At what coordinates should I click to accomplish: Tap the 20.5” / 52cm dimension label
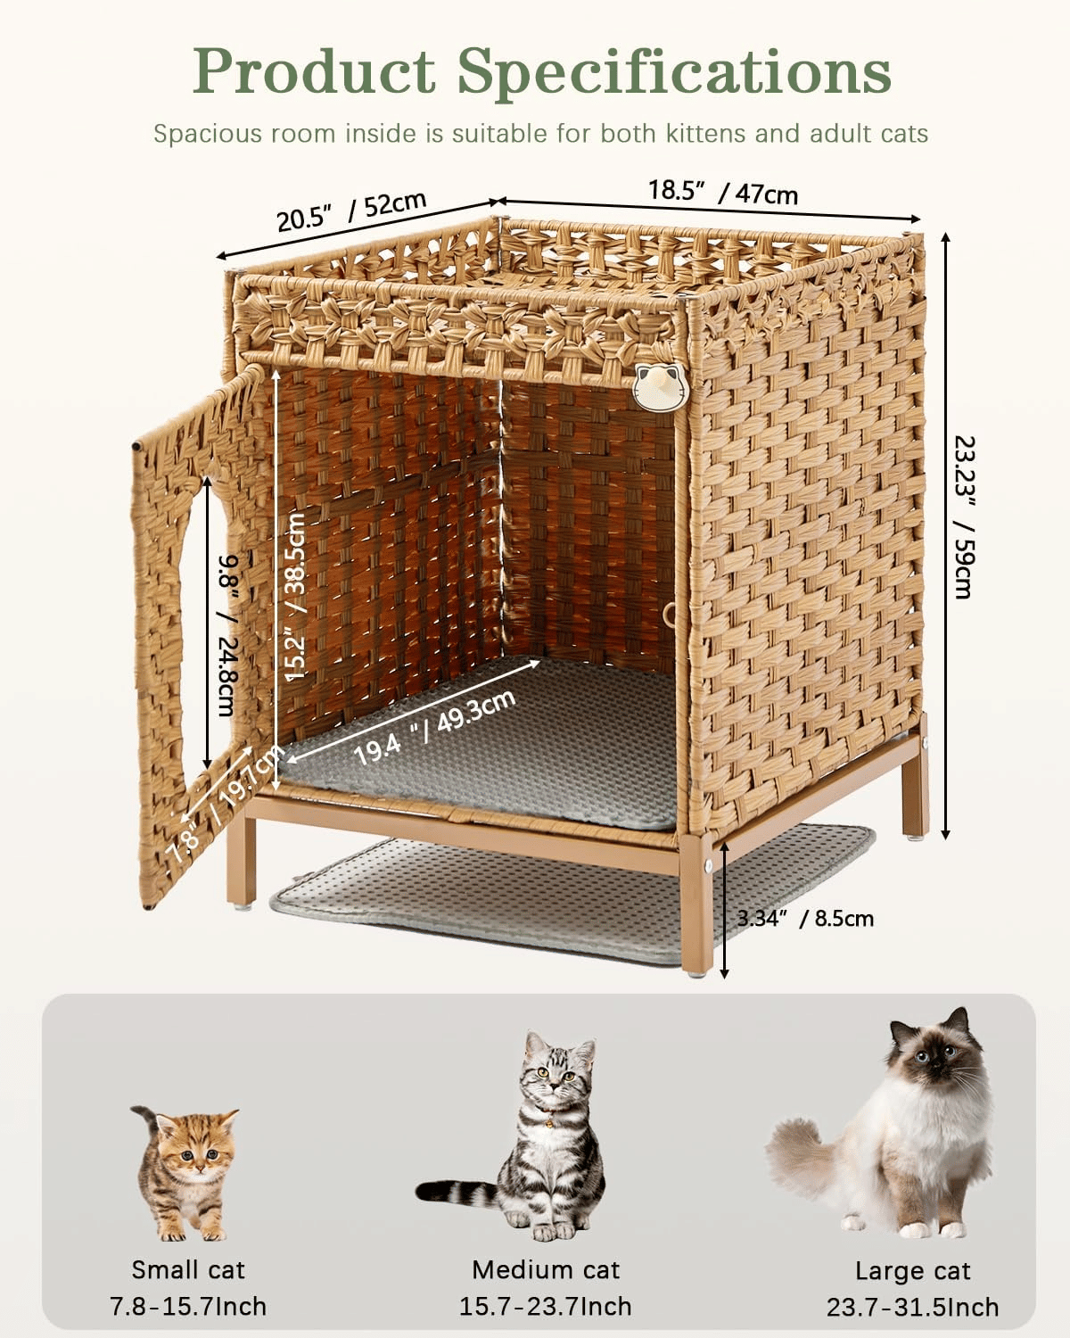click(352, 212)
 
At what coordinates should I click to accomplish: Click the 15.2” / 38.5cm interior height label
click(295, 596)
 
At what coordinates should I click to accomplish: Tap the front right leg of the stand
click(697, 904)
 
